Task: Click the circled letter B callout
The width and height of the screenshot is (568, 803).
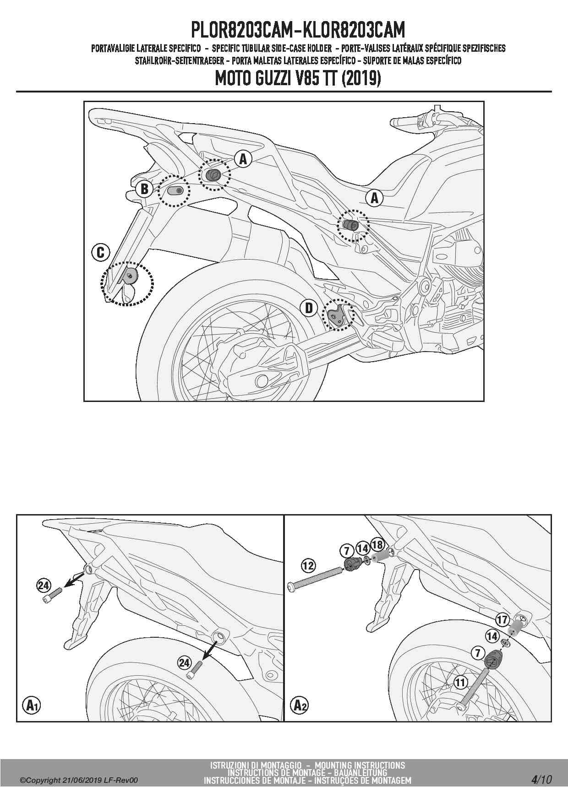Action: tap(144, 189)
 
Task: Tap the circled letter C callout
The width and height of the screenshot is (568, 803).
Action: tap(101, 252)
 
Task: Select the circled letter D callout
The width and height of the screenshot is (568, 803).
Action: tap(309, 308)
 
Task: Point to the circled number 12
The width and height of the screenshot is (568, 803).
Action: tap(308, 565)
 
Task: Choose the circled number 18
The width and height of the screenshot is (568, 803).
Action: tap(377, 544)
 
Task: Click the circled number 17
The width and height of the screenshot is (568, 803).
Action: tap(502, 620)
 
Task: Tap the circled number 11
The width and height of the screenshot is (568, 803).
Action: tap(460, 683)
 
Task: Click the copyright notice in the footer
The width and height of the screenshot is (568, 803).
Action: tap(78, 781)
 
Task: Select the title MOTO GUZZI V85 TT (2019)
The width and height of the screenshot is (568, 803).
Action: tap(298, 79)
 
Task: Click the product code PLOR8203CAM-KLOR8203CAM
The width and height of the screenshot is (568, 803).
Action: tap(298, 30)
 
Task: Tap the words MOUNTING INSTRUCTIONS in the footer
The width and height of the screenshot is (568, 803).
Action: tap(360, 765)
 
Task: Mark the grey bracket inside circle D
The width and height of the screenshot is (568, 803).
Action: tap(337, 315)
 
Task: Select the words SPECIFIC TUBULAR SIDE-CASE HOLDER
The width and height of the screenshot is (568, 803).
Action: tap(272, 48)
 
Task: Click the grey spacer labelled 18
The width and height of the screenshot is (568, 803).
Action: tap(379, 558)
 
